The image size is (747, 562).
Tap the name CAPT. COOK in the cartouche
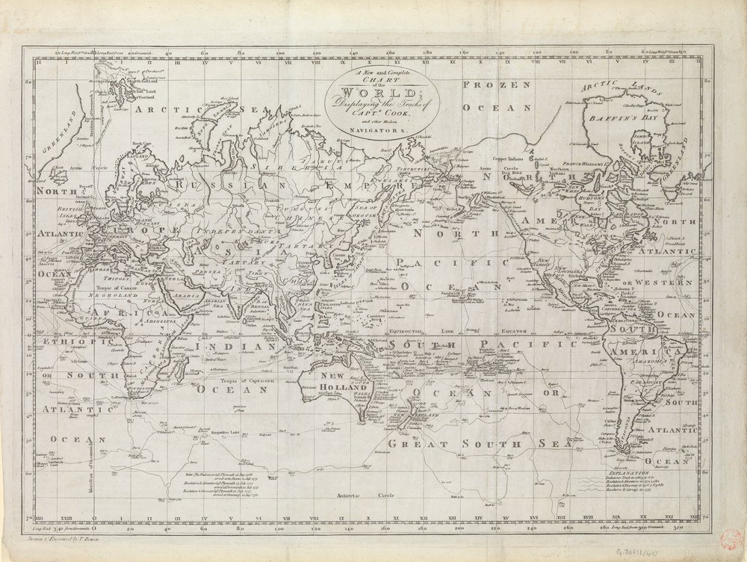[383, 114]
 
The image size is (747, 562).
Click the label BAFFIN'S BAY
[625, 117]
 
